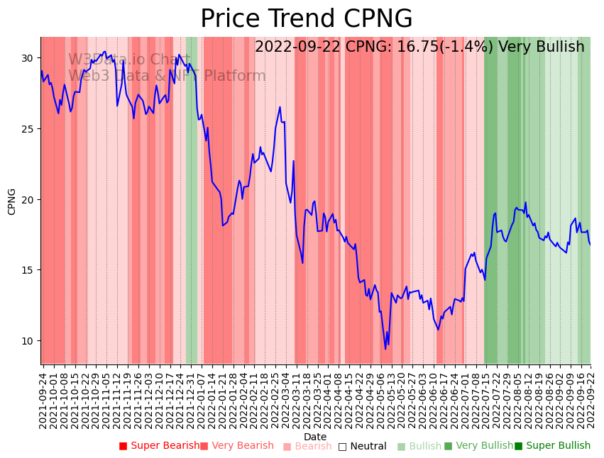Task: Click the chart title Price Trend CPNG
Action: [x=306, y=19]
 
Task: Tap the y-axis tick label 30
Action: [x=28, y=58]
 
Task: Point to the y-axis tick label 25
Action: [x=28, y=129]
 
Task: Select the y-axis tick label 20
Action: [x=28, y=199]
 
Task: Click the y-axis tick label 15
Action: [x=28, y=270]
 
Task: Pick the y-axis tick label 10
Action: [x=28, y=341]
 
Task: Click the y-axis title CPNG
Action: [x=12, y=201]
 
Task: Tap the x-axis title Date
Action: [x=315, y=437]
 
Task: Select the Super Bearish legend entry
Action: [x=160, y=446]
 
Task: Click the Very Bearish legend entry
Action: [x=236, y=446]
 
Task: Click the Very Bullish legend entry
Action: [x=478, y=446]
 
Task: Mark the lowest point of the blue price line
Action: [x=385, y=349]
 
